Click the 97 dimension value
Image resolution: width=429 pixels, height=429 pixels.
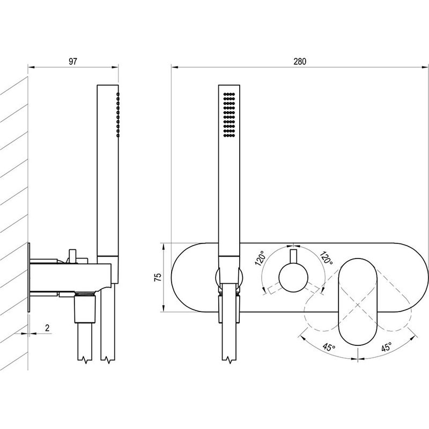[x=73, y=61]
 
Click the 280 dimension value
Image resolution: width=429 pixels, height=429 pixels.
[x=300, y=61]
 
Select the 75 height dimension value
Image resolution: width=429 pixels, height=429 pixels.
[x=158, y=277]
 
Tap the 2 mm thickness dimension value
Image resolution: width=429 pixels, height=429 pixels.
[x=47, y=328]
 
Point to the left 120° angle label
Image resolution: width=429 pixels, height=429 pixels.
[x=260, y=258]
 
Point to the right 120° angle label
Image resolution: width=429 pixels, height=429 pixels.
[x=326, y=257]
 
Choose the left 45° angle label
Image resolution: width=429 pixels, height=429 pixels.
[x=329, y=347]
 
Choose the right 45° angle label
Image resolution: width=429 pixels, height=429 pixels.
[x=386, y=347]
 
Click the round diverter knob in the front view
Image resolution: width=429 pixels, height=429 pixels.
[x=293, y=277]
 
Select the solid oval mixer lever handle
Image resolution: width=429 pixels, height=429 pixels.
[x=358, y=301]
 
